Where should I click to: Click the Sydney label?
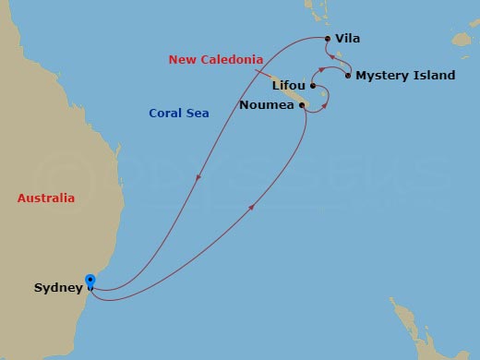point(57,288)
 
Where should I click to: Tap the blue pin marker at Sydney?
point(90,282)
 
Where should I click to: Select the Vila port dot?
point(327,39)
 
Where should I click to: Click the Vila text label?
point(348,39)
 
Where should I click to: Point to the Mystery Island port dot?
point(347,76)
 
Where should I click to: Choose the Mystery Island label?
point(405,76)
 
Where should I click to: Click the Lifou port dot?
point(314,87)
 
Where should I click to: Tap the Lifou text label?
point(289,86)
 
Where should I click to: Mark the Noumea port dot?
point(303,106)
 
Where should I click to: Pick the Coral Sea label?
point(179,114)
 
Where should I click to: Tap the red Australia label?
point(46,198)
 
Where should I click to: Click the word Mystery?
point(383,76)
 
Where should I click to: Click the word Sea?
point(198,114)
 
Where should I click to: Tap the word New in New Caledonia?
point(181,60)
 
